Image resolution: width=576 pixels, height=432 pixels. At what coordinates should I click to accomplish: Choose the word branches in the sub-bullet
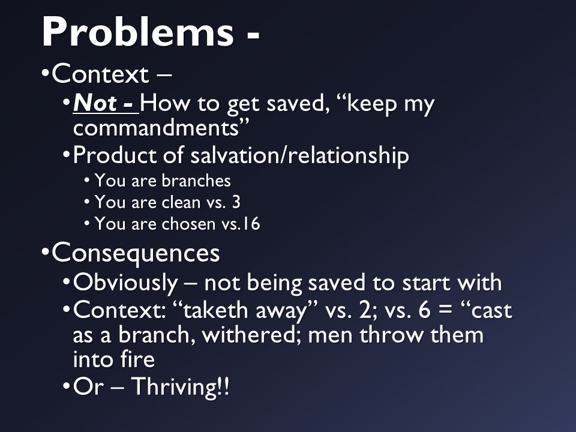point(196,181)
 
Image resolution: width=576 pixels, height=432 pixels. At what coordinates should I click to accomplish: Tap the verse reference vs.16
point(239,224)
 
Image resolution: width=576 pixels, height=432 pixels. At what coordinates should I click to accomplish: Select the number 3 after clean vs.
point(236,202)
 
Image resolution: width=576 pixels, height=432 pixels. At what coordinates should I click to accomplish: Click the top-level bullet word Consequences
point(136,253)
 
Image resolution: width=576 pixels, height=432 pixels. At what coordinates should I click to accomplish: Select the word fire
point(139,359)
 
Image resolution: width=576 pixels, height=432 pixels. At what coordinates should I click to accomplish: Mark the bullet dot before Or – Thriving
point(66,387)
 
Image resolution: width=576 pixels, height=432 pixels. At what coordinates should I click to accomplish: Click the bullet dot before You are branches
point(87,181)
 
